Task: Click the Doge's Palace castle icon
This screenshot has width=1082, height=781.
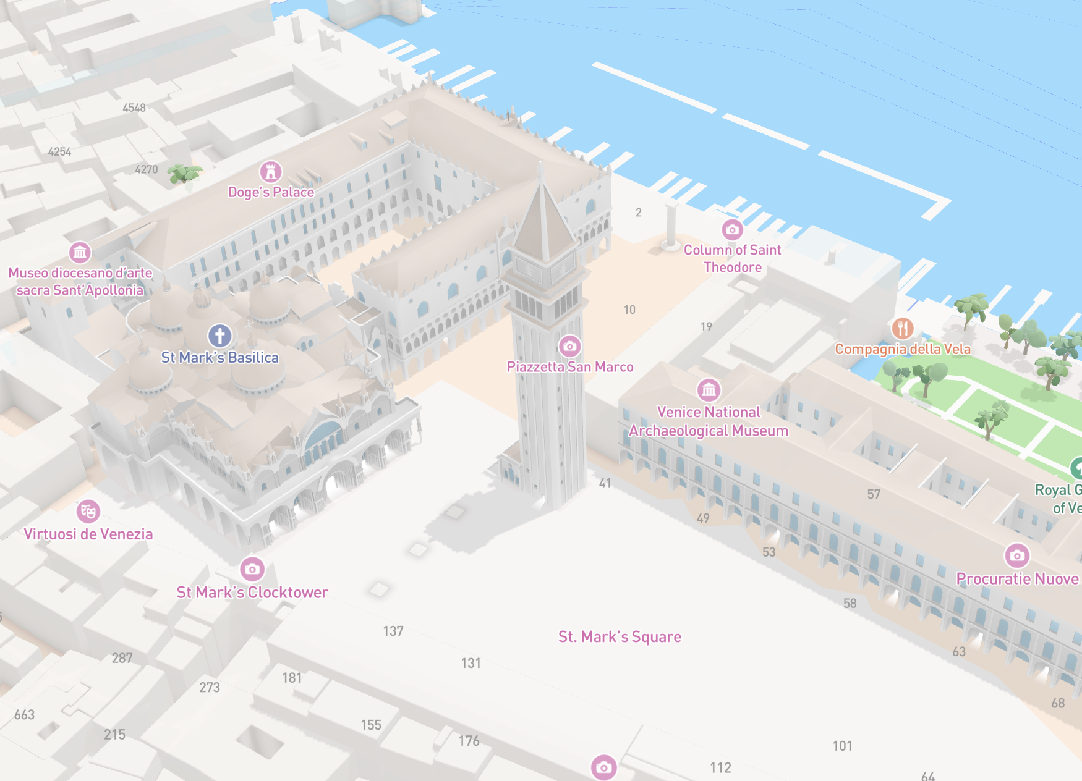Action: tap(270, 171)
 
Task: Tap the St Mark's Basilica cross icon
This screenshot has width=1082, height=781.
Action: tap(219, 336)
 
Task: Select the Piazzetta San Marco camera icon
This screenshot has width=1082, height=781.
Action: tap(569, 346)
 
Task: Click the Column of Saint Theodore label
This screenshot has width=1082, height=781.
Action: tap(732, 258)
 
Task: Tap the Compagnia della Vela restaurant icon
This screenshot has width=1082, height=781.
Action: tap(903, 328)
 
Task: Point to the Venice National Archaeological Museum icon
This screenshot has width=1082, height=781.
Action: tap(709, 390)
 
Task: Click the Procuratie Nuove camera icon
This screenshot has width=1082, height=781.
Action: tap(1017, 555)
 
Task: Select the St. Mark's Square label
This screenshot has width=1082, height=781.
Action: tap(620, 636)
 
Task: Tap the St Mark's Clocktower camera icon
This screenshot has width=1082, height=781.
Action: tap(252, 568)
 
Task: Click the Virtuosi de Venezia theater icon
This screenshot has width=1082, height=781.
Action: tap(88, 511)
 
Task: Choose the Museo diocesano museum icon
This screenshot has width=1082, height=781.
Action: tap(80, 252)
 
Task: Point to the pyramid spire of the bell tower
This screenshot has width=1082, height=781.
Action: tap(542, 216)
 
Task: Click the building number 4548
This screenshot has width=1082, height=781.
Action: tap(134, 108)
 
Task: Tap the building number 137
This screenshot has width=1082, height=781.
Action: tap(393, 631)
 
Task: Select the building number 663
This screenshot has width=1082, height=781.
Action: tap(25, 715)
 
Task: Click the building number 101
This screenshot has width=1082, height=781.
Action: tap(842, 746)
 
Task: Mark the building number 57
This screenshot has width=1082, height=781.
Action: tap(874, 494)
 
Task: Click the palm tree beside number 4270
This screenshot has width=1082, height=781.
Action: tap(184, 174)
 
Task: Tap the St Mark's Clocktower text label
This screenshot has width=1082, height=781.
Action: tap(252, 592)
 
